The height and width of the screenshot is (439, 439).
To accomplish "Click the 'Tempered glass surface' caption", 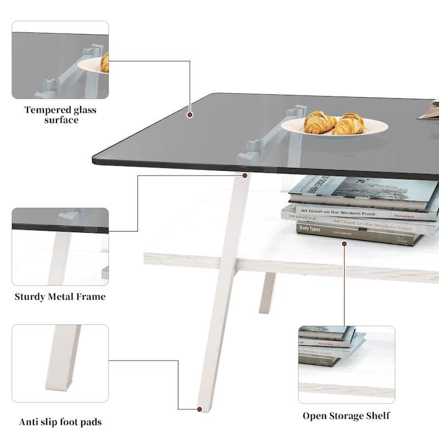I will pyautogui.click(x=60, y=115).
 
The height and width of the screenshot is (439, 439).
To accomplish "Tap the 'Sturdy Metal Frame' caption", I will pyautogui.click(x=60, y=297).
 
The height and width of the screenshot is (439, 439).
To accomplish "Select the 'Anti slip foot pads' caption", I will pyautogui.click(x=60, y=422).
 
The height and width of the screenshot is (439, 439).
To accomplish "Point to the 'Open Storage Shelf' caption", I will pyautogui.click(x=346, y=415).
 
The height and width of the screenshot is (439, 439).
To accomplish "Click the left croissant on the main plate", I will pyautogui.click(x=319, y=122).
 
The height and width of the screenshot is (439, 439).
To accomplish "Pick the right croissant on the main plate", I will pyautogui.click(x=349, y=124).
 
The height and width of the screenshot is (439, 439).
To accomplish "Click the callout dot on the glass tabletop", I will pyautogui.click(x=190, y=115).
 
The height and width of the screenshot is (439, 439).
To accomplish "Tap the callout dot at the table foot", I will pyautogui.click(x=199, y=409).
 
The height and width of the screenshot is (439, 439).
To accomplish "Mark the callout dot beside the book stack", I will pyautogui.click(x=344, y=243).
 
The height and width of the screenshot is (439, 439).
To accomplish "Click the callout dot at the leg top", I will pyautogui.click(x=244, y=176).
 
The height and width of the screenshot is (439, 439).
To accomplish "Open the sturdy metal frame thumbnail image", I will pyautogui.click(x=60, y=246).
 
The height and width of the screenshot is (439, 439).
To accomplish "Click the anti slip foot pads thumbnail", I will pyautogui.click(x=60, y=363).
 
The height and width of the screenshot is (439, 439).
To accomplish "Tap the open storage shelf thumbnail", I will pyautogui.click(x=346, y=364).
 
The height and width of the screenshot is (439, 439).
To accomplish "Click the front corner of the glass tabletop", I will pyautogui.click(x=94, y=160).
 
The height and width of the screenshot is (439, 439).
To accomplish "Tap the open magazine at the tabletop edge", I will pyautogui.click(x=429, y=110).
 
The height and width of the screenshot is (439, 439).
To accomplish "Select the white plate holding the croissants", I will pyautogui.click(x=335, y=128).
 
